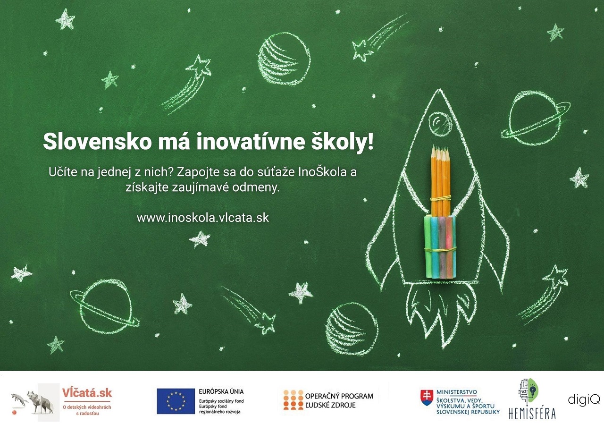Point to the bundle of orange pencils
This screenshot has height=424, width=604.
coord(440,181)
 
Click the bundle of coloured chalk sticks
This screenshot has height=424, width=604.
coord(440,247)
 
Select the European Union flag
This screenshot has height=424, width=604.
coord(176,401)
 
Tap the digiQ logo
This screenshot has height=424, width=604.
coord(584,399)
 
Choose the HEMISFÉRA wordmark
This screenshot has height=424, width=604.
coord(532,413)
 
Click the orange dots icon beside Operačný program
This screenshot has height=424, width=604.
coord(293,400)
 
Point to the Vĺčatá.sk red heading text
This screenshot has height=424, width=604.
coord(87,393)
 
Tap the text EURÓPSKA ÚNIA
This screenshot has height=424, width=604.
coord(221,391)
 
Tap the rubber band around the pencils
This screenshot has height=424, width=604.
coord(441,198)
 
